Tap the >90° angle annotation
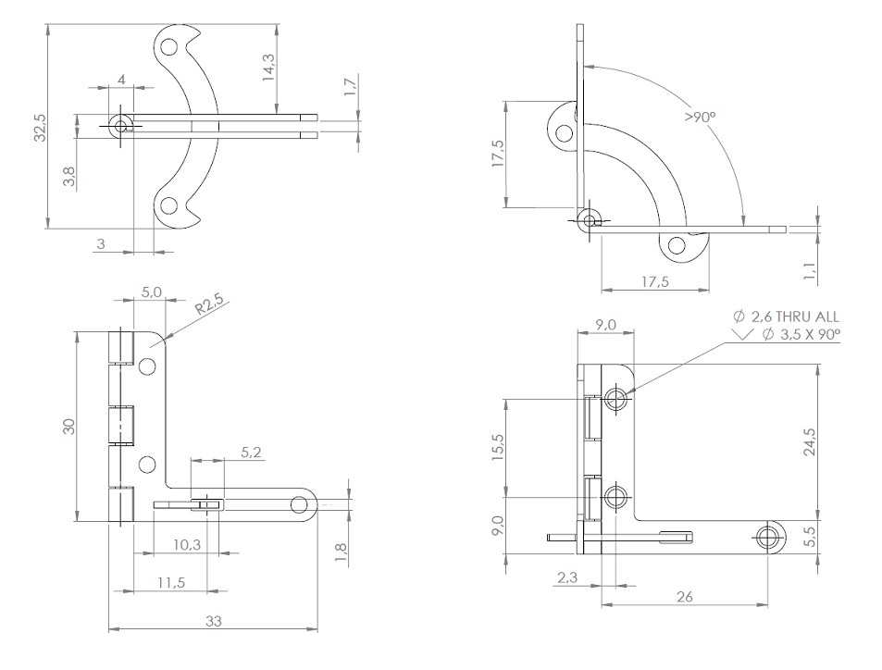701,118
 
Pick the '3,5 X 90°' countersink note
801,334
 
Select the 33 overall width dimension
213,621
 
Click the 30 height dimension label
68,428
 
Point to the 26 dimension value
684,597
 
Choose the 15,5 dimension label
497,449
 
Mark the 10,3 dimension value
186,545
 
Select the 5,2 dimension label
251,453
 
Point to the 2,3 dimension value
567,577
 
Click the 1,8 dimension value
341,552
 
